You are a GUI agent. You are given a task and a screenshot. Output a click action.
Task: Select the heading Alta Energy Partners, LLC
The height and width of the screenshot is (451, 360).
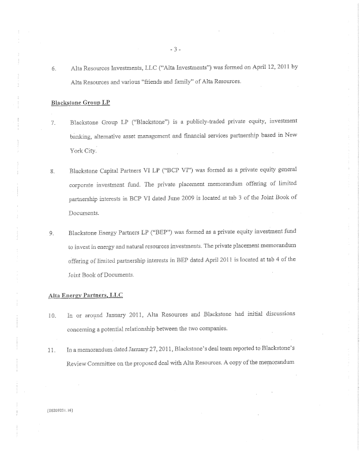(x=85, y=295)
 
